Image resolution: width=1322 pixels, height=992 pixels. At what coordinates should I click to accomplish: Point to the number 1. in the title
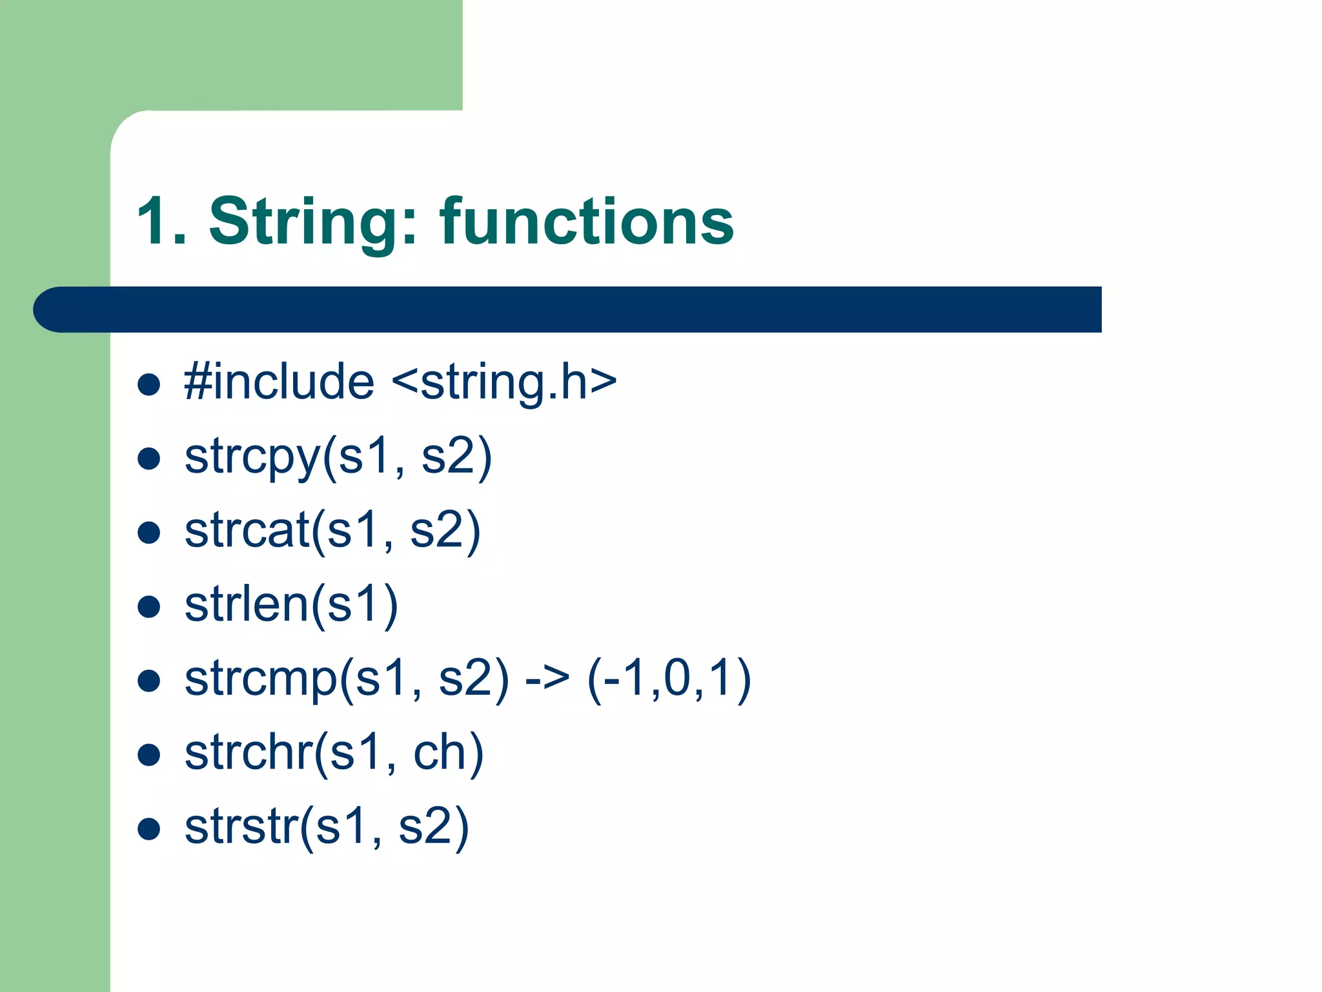[161, 222]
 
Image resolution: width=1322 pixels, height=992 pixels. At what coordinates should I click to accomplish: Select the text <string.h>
[504, 382]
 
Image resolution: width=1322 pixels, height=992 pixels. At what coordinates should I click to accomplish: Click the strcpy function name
[252, 456]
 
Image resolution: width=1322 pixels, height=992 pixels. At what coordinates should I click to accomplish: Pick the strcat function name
[247, 530]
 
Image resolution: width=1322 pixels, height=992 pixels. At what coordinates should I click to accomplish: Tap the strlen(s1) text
[291, 604]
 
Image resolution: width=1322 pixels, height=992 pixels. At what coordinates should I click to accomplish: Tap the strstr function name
[241, 827]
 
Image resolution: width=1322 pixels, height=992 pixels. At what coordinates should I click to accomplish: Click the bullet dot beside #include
[149, 384]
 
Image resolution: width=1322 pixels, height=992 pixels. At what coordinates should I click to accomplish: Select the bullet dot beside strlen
[149, 606]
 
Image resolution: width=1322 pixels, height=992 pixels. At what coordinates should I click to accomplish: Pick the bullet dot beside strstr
[149, 829]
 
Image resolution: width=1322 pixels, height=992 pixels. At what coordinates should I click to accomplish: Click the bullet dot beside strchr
[149, 754]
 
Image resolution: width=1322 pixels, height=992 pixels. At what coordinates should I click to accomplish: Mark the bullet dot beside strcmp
[149, 681]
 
